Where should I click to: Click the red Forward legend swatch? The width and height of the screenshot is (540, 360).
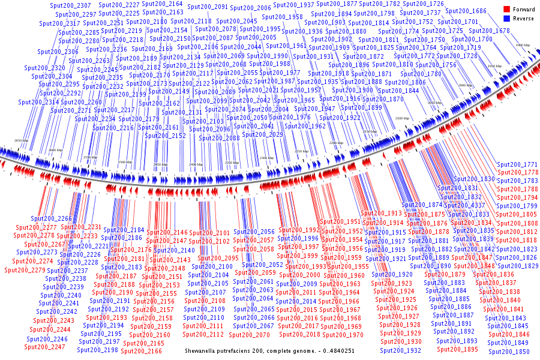click(x=507, y=10)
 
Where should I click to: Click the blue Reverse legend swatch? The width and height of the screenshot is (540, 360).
click(x=507, y=19)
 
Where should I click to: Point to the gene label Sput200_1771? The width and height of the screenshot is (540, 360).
click(x=518, y=164)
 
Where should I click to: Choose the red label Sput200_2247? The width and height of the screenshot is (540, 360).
click(x=45, y=347)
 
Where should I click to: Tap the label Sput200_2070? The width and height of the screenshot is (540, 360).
click(x=250, y=335)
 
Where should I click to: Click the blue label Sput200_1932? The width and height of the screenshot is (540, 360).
click(x=401, y=350)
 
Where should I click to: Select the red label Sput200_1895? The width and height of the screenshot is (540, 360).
click(x=457, y=349)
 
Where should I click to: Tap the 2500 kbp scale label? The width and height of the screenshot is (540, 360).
click(x=125, y=163)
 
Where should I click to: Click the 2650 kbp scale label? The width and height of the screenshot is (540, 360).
click(x=21, y=140)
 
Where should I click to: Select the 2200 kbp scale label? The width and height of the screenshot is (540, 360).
click(x=336, y=143)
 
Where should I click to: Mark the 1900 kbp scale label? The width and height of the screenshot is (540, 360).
click(x=523, y=45)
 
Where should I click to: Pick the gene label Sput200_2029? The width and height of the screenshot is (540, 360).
click(x=268, y=134)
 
